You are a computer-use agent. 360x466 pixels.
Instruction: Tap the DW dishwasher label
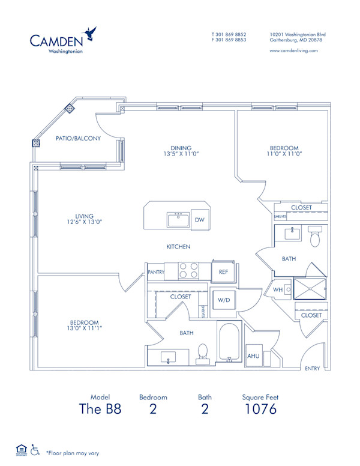pyautogui.click(x=200, y=220)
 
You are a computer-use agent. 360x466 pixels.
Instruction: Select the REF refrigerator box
pyautogui.click(x=223, y=272)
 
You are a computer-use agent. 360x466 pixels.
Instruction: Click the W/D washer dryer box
pyautogui.click(x=223, y=300)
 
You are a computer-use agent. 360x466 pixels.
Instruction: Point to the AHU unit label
pyautogui.click(x=254, y=356)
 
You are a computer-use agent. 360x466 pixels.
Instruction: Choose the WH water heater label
pyautogui.click(x=278, y=289)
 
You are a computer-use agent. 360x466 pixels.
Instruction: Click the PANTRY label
pyautogui.click(x=156, y=272)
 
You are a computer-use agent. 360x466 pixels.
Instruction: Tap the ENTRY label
pyautogui.click(x=313, y=368)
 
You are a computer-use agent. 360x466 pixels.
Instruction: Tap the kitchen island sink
pyautogui.click(x=178, y=220)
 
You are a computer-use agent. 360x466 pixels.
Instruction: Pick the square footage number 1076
pyautogui.click(x=260, y=410)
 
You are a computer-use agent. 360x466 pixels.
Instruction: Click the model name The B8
pyautogui.click(x=100, y=410)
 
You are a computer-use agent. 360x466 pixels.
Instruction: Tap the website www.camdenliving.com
pyautogui.click(x=294, y=51)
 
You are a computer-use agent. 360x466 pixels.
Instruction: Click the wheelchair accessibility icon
pyautogui.click(x=35, y=449)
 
